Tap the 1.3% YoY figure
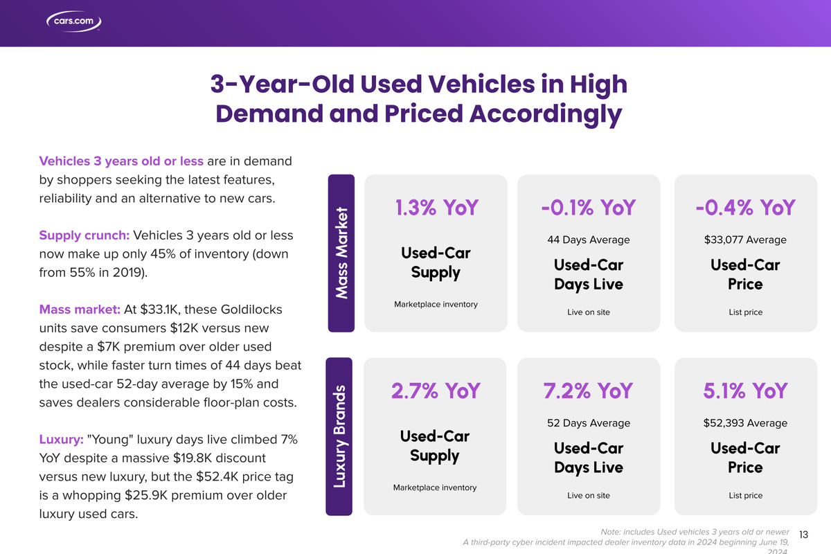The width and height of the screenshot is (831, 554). click(436, 207)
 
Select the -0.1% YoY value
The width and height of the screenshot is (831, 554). click(588, 207)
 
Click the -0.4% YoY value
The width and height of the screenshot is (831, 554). click(745, 207)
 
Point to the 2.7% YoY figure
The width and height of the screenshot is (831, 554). click(435, 391)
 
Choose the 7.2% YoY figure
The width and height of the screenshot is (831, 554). click(588, 391)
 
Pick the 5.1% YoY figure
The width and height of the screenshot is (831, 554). click(745, 391)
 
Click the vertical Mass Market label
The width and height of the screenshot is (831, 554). click(340, 253)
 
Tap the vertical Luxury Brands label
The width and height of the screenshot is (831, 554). click(340, 436)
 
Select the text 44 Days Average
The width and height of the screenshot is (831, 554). click(588, 240)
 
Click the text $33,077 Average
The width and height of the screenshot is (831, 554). click(745, 240)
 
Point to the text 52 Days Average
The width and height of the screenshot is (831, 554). click(588, 422)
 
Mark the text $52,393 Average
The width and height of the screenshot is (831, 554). click(745, 422)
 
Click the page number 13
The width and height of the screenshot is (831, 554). click(804, 534)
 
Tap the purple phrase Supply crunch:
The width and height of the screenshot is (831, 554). click(84, 235)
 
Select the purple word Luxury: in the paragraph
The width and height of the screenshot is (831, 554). click(62, 440)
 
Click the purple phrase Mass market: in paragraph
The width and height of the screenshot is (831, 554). click(80, 309)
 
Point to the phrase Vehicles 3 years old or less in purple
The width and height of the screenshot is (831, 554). click(121, 161)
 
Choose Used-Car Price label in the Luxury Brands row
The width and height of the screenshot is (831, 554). click(745, 458)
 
